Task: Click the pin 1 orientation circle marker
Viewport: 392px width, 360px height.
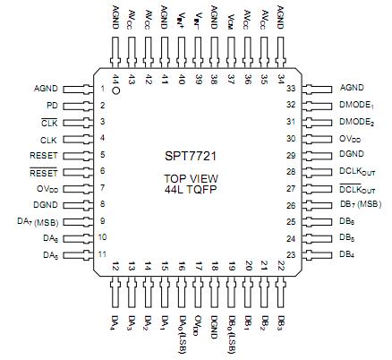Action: (116, 90)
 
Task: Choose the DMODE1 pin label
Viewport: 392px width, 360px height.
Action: (357, 105)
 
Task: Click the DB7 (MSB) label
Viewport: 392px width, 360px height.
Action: (361, 204)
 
